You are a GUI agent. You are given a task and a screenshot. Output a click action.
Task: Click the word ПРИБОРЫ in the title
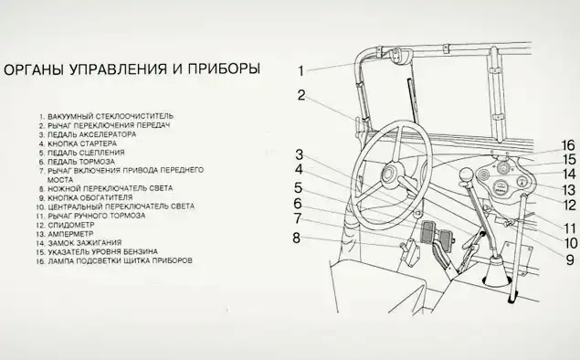pyautogui.click(x=224, y=69)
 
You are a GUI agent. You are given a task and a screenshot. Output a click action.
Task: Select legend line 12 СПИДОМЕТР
pyautogui.click(x=66, y=225)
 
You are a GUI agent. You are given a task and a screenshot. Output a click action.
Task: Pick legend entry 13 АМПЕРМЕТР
pyautogui.click(x=65, y=234)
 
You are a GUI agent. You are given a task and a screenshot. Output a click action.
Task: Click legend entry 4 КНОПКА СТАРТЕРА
pyautogui.click(x=78, y=143)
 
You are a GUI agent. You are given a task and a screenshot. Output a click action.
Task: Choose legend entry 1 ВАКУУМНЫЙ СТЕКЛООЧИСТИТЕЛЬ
pyautogui.click(x=106, y=116)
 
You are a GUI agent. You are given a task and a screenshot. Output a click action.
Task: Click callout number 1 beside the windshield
pyautogui.click(x=301, y=70)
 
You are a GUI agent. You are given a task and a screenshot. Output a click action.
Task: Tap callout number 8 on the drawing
pyautogui.click(x=296, y=238)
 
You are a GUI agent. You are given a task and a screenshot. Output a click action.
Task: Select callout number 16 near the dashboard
pyautogui.click(x=568, y=145)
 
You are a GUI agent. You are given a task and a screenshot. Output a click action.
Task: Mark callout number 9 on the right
pyautogui.click(x=570, y=259)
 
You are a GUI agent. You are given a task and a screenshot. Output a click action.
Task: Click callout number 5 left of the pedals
pyautogui.click(x=298, y=187)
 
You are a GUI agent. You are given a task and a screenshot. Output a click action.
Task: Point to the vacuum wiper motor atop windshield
pyautogui.click(x=396, y=55)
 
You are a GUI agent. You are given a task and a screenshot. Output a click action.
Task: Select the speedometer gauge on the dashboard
pyautogui.click(x=501, y=186)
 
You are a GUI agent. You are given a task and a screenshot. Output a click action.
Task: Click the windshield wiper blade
pyautogui.click(x=412, y=100)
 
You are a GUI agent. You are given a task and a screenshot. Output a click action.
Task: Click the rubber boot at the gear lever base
pyautogui.click(x=496, y=271)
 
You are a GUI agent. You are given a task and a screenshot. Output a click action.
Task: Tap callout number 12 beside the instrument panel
pyautogui.click(x=570, y=205)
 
